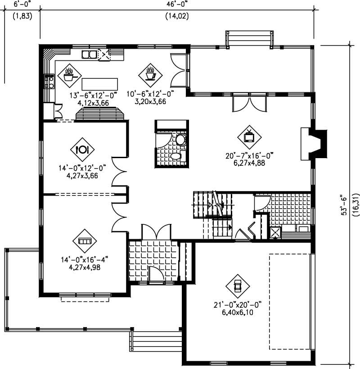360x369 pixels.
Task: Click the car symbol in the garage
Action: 237,285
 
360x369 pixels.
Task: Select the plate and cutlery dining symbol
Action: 82,150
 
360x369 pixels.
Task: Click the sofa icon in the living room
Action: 84,241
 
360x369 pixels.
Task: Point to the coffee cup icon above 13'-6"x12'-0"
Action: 69,74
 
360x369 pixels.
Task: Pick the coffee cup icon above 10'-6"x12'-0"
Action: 149,73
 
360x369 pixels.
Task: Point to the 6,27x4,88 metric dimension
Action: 248,163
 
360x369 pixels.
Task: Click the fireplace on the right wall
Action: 315,143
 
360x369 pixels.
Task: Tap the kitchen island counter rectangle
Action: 100,84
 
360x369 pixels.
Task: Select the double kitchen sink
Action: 89,55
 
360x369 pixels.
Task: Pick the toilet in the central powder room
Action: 180,140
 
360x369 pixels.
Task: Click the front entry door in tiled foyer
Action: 156,276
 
